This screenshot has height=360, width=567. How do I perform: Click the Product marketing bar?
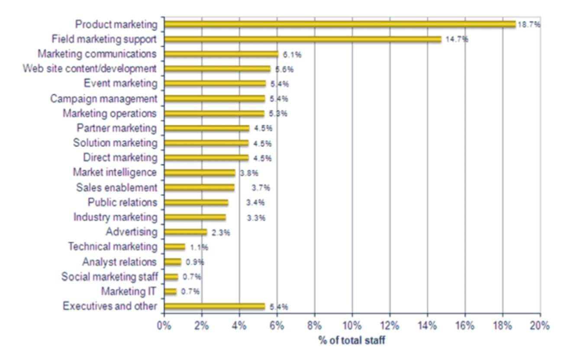(340, 24)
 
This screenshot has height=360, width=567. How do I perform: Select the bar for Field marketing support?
(303, 39)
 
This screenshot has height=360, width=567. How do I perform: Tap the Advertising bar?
(186, 232)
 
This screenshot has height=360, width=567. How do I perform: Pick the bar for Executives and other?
(215, 307)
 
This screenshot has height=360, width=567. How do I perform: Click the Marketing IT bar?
(171, 292)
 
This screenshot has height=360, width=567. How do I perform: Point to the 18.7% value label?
(529, 25)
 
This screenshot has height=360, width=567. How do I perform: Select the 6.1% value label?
(292, 55)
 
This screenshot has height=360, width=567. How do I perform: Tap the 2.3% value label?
(221, 233)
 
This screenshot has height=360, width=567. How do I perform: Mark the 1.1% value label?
(199, 248)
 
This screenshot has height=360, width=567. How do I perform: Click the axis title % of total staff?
(352, 341)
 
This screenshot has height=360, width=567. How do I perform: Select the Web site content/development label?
(90, 68)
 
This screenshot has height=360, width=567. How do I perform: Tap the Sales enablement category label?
(116, 187)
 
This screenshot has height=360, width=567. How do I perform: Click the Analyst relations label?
(119, 262)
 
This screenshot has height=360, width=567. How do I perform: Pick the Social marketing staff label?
(110, 277)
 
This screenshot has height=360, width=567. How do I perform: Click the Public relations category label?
(122, 202)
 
